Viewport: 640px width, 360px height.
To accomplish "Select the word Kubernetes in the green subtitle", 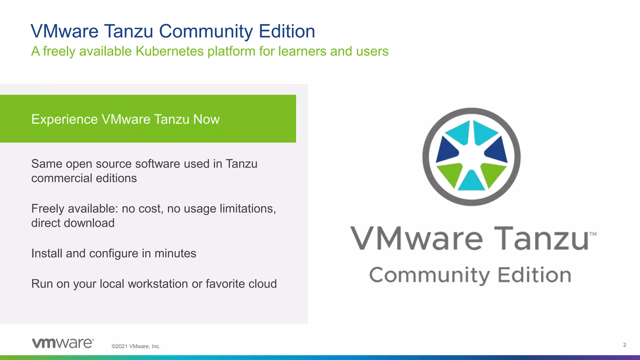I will click(169, 51).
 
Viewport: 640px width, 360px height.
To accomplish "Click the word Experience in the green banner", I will click(64, 119).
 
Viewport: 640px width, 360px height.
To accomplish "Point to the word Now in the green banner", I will click(206, 119).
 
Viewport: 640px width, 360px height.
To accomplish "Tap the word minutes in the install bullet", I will click(175, 253).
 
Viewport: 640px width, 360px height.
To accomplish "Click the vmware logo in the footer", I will click(63, 343).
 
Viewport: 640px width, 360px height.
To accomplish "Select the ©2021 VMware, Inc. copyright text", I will click(136, 346).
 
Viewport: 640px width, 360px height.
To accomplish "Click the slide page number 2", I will click(625, 345).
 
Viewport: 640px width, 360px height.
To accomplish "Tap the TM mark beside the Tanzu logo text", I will click(593, 234).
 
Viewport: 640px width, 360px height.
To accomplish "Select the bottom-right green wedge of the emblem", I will click(492, 173).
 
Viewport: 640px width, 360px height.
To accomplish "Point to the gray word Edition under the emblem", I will click(534, 275).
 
